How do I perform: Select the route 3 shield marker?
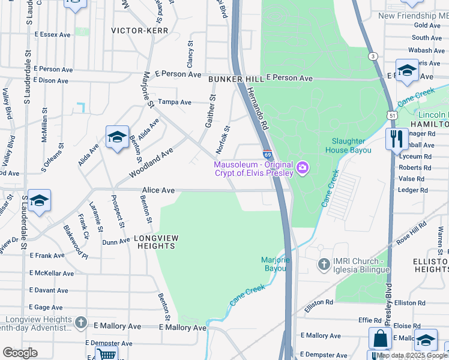373,56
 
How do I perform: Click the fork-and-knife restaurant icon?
396,139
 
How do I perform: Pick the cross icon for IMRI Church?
324,263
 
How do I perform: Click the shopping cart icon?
106,355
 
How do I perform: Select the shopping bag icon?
380,339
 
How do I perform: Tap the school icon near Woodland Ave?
117,137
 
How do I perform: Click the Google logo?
20,353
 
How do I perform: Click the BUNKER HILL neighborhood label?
236,79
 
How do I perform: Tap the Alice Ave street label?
158,190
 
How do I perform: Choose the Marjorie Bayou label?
276,264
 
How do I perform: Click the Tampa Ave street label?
174,101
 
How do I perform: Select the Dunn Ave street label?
116,242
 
